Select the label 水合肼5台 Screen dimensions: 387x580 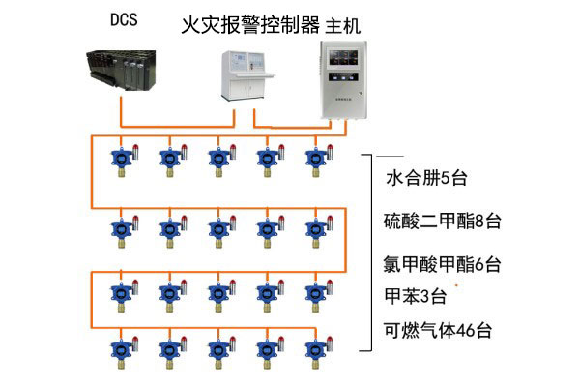tap(426, 178)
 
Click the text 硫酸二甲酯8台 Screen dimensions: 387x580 tap(441, 222)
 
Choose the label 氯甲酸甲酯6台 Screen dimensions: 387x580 tap(441, 263)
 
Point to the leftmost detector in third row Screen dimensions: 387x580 tap(120, 294)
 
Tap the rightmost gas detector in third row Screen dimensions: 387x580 tap(314, 294)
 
